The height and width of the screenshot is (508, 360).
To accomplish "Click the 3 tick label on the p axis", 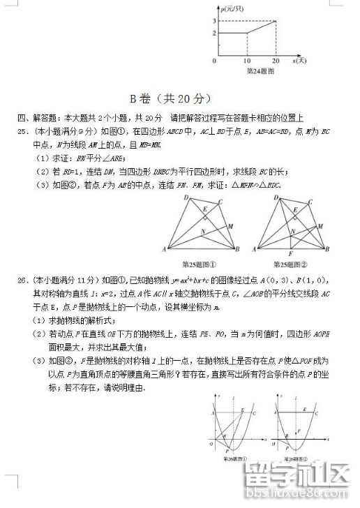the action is coord(213,22).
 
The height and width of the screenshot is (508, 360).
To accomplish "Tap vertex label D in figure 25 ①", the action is coord(186,198).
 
